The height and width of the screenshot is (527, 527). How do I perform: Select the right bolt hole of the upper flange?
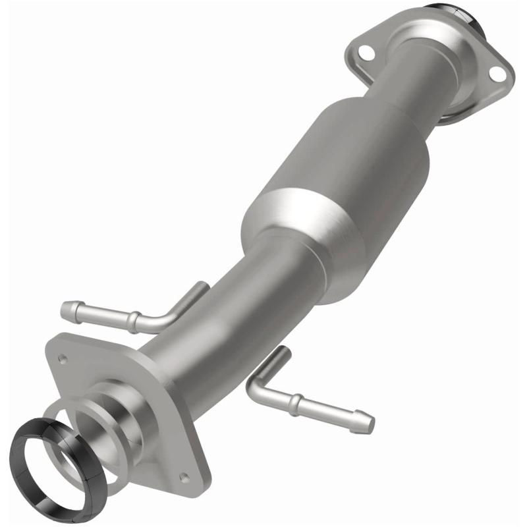497,74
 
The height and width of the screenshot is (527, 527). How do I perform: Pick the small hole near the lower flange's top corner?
63,360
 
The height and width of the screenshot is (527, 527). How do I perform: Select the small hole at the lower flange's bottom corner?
185,478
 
